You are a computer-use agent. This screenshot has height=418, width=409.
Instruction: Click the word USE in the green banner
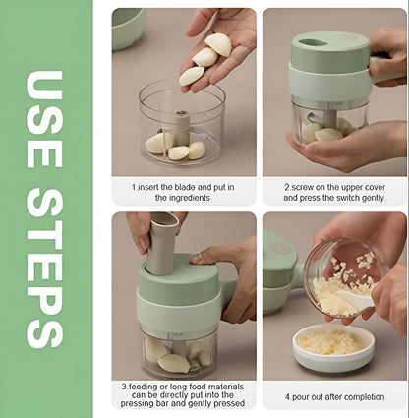point(44,119)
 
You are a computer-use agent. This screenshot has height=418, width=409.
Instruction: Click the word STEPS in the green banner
point(44,269)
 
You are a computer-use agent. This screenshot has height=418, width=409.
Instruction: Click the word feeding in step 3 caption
point(143,387)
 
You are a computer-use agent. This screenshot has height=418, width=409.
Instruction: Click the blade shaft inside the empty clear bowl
point(182,128)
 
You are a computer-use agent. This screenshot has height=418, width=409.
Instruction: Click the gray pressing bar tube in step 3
point(162,244)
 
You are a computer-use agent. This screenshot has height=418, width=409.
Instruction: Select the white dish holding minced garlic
point(333,348)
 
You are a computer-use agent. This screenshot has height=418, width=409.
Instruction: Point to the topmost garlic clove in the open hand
point(218,43)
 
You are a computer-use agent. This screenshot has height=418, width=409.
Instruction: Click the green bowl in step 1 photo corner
point(128,28)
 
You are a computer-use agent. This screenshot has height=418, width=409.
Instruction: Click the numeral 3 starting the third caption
point(124,387)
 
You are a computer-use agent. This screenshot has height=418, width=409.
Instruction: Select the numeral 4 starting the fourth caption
point(287,397)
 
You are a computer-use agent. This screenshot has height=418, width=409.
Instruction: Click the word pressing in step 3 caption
point(135,403)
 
